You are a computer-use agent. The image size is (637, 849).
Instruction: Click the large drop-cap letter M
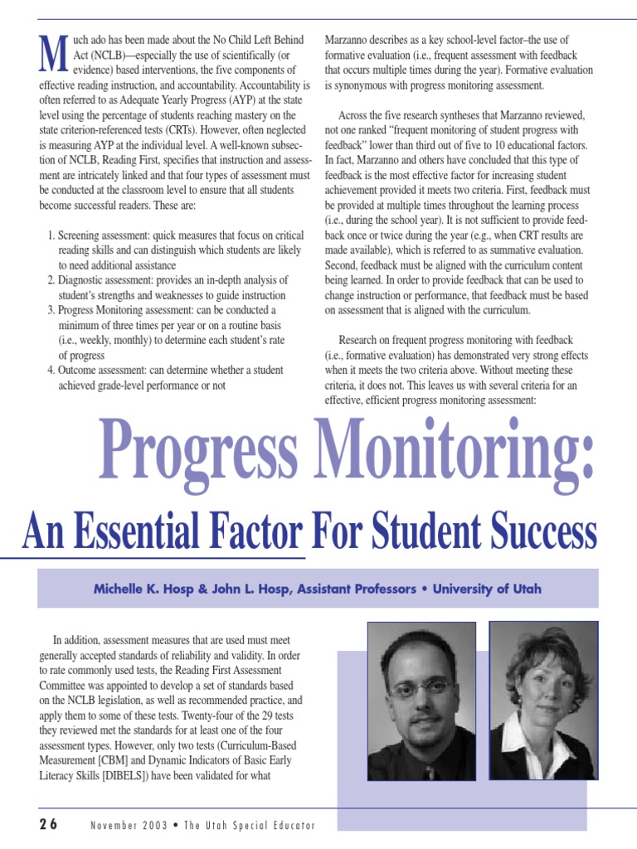click(53, 56)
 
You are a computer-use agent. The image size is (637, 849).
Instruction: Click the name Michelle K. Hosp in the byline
click(146, 589)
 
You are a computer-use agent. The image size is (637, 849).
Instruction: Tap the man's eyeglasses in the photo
click(421, 689)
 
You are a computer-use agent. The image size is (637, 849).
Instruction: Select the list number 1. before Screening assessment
click(51, 236)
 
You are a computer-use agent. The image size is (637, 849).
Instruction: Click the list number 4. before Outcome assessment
click(51, 371)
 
